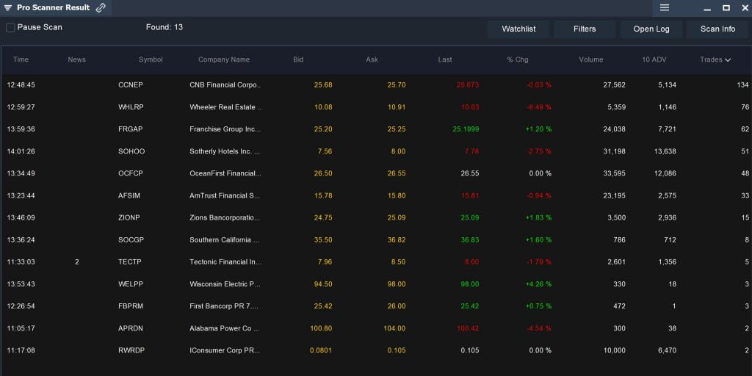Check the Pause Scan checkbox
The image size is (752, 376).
[x=10, y=28]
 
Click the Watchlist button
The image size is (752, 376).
[x=518, y=29]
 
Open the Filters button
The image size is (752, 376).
[x=585, y=29]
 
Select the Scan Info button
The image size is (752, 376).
[x=717, y=29]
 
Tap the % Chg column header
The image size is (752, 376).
[x=518, y=59]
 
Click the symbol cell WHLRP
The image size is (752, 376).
[x=131, y=107]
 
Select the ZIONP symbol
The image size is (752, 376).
[x=129, y=217]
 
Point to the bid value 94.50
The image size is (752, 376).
[x=323, y=284]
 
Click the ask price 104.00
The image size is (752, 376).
[x=394, y=328]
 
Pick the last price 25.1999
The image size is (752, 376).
[x=466, y=129]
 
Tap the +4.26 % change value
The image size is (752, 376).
[x=538, y=284]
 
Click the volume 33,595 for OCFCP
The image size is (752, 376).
[x=614, y=173]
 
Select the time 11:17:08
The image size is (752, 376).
[x=21, y=350]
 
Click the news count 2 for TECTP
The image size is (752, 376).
[x=76, y=262]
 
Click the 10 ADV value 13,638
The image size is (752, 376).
[x=665, y=151]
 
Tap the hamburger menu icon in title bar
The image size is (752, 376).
[x=664, y=7]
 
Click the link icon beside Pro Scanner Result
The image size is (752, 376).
[x=101, y=7]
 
